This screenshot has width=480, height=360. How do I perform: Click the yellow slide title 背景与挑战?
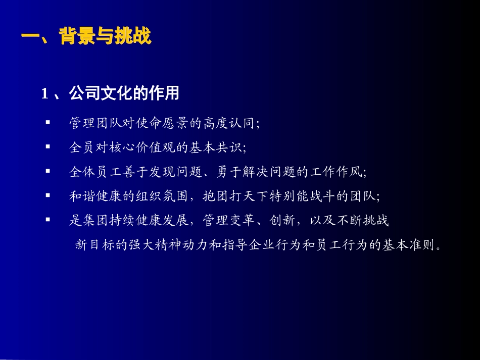105,36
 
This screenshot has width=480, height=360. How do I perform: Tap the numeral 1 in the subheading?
44,93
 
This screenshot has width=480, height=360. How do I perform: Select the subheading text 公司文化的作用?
124,93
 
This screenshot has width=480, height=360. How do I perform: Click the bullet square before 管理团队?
48,122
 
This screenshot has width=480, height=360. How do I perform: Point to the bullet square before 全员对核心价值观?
48,146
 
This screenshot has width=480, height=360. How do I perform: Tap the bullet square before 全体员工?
48,171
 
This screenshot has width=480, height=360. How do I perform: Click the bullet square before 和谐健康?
48,195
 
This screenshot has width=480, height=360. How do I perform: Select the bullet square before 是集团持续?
48,219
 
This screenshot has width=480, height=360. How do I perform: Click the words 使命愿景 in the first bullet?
162,123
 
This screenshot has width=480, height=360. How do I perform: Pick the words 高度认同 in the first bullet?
229,123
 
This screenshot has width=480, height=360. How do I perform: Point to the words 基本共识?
216,147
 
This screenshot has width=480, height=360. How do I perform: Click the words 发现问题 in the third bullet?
175,172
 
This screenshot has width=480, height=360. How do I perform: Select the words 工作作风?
336,172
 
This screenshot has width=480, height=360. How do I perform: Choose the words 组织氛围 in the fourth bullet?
162,196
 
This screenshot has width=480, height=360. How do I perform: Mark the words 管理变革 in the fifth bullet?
229,220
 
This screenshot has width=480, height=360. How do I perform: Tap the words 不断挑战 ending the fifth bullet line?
363,220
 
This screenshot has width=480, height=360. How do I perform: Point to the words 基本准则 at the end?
409,245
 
